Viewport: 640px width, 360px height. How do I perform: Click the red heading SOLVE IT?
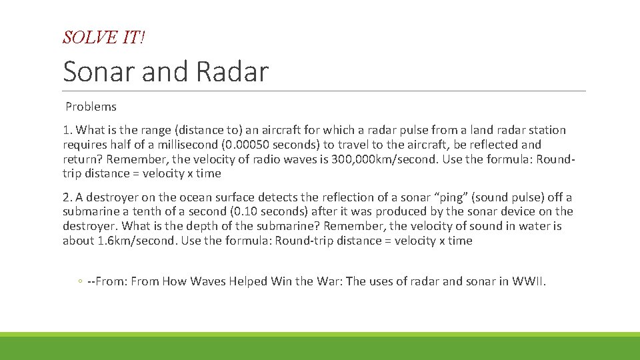[x=103, y=38]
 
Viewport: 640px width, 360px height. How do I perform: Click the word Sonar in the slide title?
[x=98, y=71]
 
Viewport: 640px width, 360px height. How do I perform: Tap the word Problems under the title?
[x=91, y=107]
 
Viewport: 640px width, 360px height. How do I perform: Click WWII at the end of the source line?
[x=528, y=281]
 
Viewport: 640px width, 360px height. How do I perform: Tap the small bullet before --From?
[x=79, y=282]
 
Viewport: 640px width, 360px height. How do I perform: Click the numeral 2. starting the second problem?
[x=67, y=197]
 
